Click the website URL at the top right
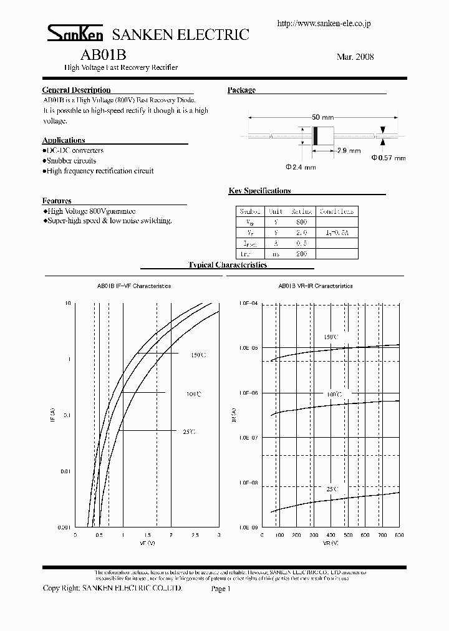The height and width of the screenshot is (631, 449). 324,23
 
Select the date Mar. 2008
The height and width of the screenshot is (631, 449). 355,57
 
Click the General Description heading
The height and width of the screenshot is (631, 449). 76,90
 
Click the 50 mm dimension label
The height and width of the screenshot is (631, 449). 321,117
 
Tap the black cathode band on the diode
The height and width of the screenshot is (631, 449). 316,135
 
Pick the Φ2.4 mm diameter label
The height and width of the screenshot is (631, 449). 301,167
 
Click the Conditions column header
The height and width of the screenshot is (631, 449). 337,212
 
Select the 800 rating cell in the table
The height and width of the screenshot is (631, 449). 301,223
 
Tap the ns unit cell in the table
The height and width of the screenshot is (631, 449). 276,254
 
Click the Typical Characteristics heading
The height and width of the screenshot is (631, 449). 228,265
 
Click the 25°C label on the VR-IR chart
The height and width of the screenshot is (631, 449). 331,489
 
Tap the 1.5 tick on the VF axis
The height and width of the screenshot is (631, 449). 147,535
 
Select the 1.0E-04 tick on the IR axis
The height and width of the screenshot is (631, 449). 249,302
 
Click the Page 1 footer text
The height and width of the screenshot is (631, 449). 221,589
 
